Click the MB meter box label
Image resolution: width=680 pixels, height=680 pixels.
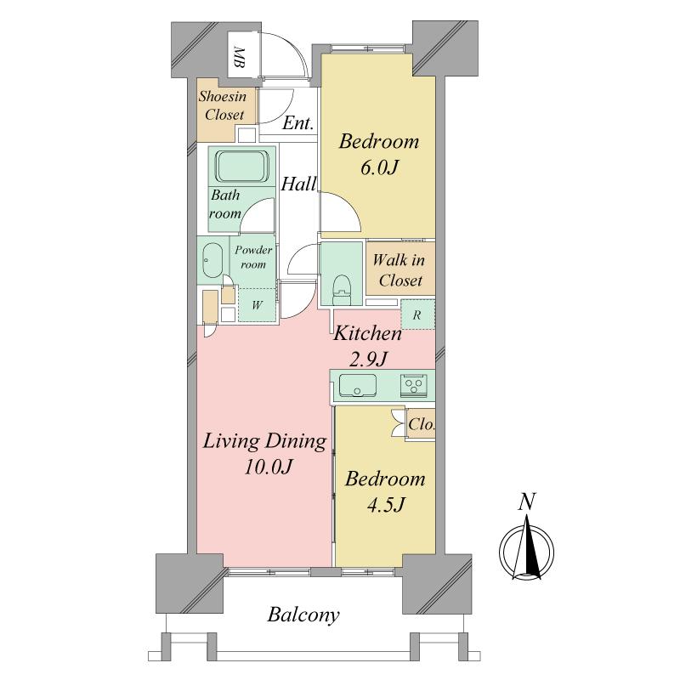240,57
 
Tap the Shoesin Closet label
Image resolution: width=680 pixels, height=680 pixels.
223,105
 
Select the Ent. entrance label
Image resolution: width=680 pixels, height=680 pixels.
298,123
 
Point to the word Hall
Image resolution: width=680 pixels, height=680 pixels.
298,184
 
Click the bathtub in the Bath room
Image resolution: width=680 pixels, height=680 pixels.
242,167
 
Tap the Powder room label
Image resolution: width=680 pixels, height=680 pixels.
253,257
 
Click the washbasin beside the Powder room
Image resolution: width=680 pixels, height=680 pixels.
212,261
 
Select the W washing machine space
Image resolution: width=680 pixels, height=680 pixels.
257,305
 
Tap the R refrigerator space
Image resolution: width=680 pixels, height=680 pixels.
417,314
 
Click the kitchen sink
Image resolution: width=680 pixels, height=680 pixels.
357,385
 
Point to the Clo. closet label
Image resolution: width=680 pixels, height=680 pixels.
422,424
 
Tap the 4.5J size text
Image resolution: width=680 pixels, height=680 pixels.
386,504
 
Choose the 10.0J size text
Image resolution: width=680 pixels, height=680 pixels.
268,467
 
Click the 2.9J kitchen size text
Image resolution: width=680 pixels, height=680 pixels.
368,359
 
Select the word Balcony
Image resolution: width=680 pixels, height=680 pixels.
303,615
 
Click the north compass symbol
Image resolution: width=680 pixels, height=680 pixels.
526,547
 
